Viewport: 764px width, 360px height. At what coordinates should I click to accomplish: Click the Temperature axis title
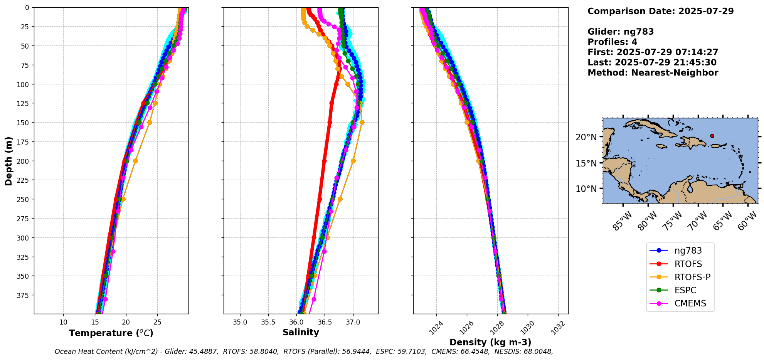click(x=111, y=333)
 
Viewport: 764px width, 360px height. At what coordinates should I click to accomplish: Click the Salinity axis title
click(x=301, y=332)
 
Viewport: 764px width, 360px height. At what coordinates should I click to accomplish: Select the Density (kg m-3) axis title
click(x=490, y=342)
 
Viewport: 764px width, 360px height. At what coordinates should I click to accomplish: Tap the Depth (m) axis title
click(x=8, y=161)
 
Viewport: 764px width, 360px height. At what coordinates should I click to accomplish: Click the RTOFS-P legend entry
click(x=692, y=277)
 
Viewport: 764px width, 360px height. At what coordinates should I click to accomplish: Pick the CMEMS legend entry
click(x=690, y=303)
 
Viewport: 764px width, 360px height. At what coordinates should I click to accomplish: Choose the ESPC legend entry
click(x=685, y=290)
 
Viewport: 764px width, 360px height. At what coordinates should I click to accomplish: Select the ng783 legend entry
click(x=688, y=251)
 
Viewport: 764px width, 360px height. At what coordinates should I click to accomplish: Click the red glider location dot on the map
click(x=712, y=136)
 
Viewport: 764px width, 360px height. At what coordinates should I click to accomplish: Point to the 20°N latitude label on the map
click(x=586, y=137)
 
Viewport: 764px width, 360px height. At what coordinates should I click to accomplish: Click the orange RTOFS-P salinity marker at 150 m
click(x=362, y=123)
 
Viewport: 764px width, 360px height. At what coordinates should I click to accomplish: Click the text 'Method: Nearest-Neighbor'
click(x=653, y=73)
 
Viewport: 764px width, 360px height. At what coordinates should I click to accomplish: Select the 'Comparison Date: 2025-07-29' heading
click(x=660, y=11)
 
